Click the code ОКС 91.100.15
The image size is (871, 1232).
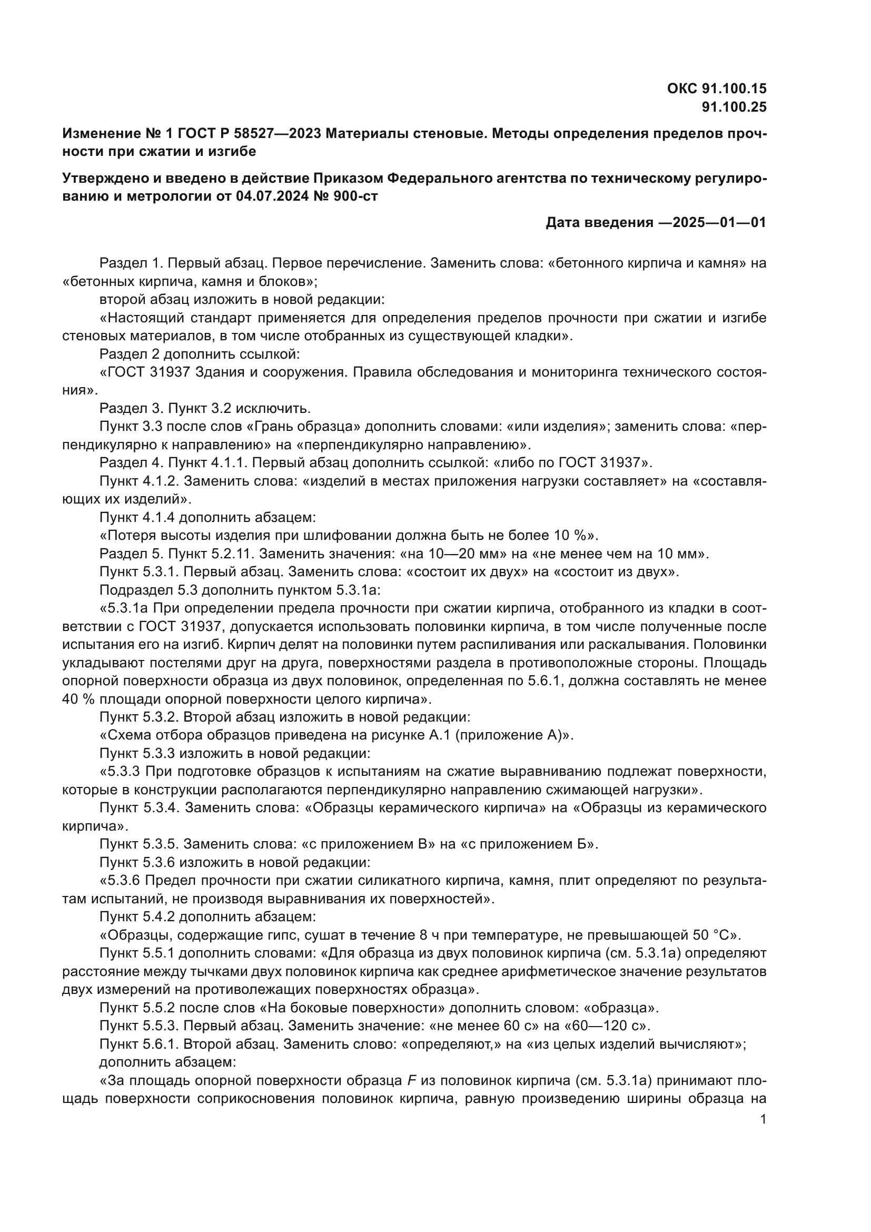point(717,88)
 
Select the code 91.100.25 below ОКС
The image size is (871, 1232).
point(734,107)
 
